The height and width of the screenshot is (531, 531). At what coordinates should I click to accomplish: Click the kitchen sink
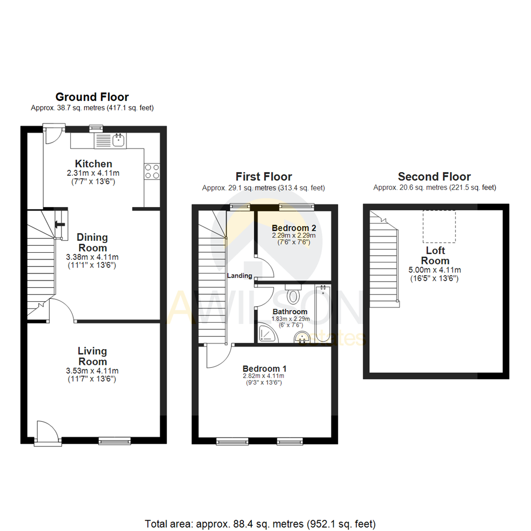click(x=118, y=140)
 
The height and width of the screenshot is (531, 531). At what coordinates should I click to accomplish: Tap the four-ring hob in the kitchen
click(x=152, y=171)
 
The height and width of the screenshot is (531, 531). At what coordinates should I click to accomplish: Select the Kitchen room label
click(x=93, y=163)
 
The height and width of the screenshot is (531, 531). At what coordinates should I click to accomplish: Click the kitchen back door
click(x=53, y=135)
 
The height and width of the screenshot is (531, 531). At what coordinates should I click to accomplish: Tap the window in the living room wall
click(x=115, y=441)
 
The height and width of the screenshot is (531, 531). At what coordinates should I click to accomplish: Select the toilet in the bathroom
click(x=293, y=294)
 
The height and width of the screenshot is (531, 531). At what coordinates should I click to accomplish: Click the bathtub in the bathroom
click(x=323, y=313)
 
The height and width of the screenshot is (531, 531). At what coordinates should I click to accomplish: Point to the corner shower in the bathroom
click(x=267, y=334)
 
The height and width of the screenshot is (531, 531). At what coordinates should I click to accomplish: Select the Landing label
click(x=239, y=276)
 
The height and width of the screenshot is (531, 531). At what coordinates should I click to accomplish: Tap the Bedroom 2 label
click(x=294, y=228)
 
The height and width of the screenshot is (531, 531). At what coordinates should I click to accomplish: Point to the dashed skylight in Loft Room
click(x=439, y=227)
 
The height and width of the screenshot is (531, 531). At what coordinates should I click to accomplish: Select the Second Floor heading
click(x=434, y=177)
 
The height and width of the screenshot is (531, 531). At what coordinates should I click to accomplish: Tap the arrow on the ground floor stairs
click(x=60, y=225)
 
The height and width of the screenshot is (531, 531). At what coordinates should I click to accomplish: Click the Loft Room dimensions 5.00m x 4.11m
click(x=435, y=270)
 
